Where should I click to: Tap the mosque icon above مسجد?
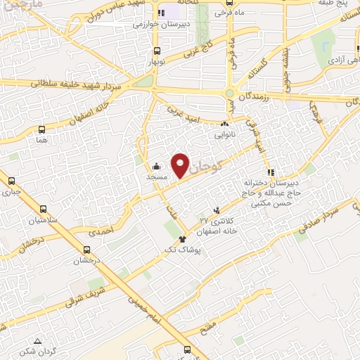tap(155, 167)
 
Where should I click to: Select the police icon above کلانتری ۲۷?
tap(217, 210)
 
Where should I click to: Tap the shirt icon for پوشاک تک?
tap(184, 239)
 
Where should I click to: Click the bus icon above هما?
tap(42, 129)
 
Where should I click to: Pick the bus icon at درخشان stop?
tap(86, 249)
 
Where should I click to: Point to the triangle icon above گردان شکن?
tap(37, 340)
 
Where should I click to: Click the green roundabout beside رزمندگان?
tap(229, 94)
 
